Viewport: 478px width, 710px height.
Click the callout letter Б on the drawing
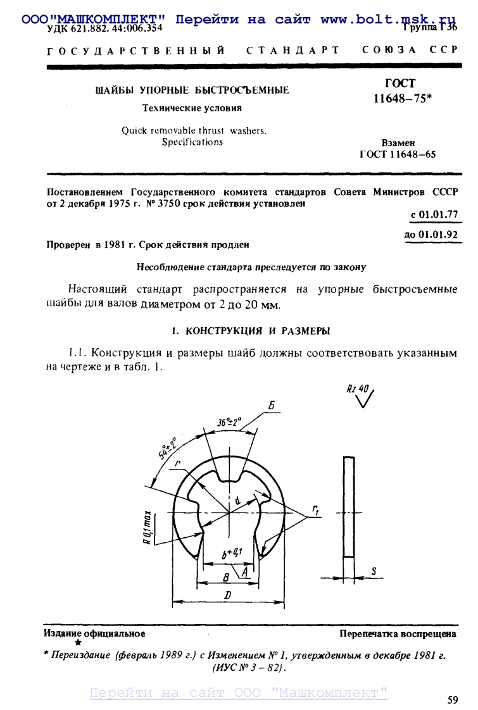coord(271,408)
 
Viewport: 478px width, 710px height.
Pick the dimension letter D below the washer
coord(226,595)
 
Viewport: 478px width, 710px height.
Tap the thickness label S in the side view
coord(374,571)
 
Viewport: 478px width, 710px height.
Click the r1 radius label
coord(315,509)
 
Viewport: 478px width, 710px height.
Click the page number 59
coord(452,699)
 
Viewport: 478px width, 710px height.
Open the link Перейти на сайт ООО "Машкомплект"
coord(239,693)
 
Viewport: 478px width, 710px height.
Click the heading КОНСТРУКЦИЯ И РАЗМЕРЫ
coord(256,331)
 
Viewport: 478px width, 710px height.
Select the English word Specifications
coord(192,142)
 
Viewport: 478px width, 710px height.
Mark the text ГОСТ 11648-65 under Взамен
coord(398,154)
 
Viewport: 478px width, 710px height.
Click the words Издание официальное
coord(94,633)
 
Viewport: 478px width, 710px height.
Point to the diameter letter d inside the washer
coord(237,501)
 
